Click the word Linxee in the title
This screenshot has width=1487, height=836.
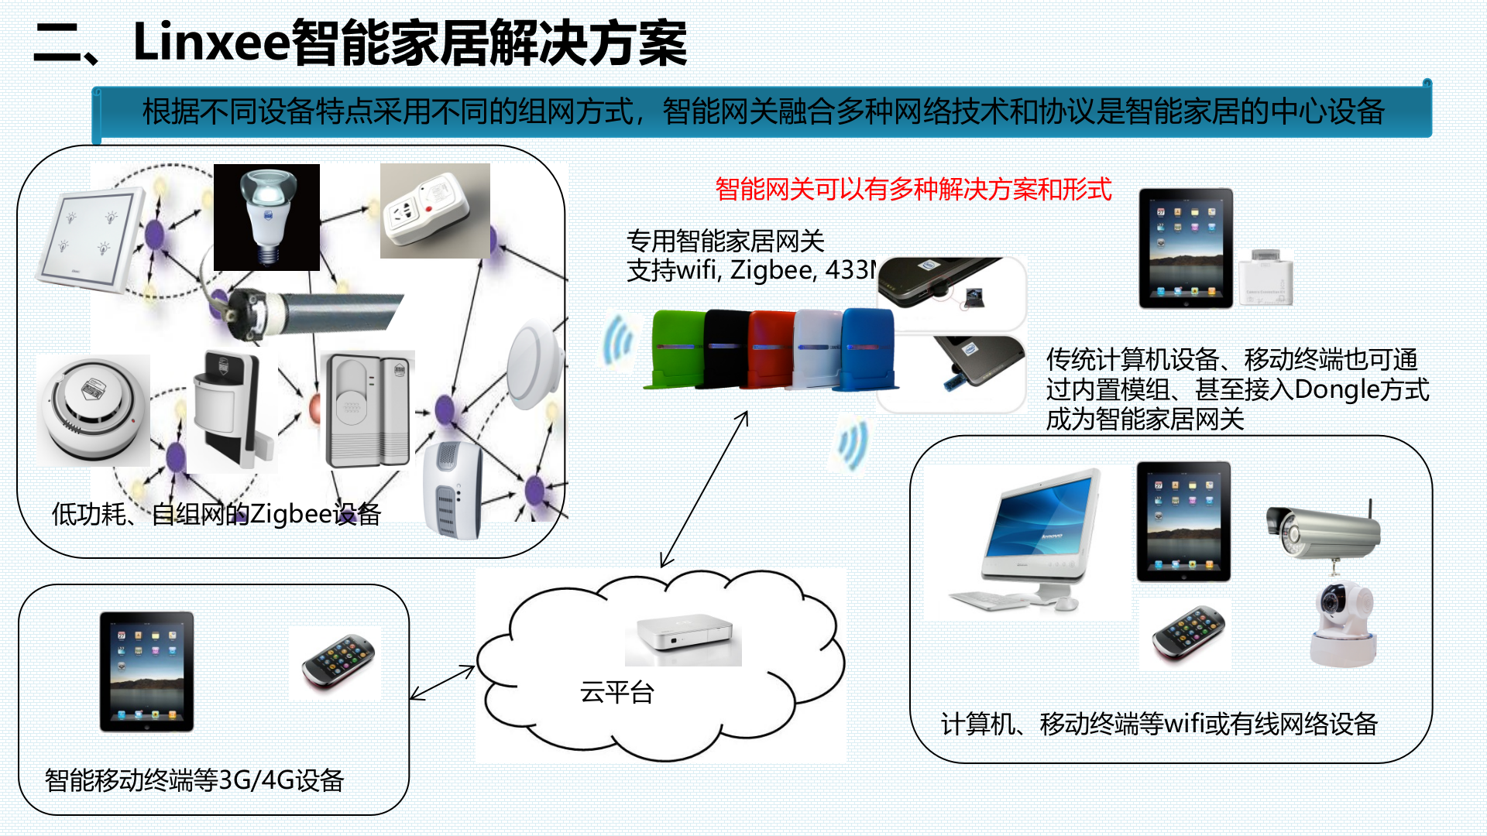point(211,43)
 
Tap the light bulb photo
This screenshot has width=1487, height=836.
point(266,217)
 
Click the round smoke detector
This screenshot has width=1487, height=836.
point(93,410)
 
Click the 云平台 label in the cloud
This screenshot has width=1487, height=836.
point(617,691)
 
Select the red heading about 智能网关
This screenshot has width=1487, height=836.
point(913,189)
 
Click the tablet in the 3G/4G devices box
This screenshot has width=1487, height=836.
point(146,671)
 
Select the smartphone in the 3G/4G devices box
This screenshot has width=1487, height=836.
point(338,663)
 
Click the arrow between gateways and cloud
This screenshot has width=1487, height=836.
point(704,489)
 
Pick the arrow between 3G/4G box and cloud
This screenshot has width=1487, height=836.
point(441,683)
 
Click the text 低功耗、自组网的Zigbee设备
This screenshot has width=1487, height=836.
point(216,514)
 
